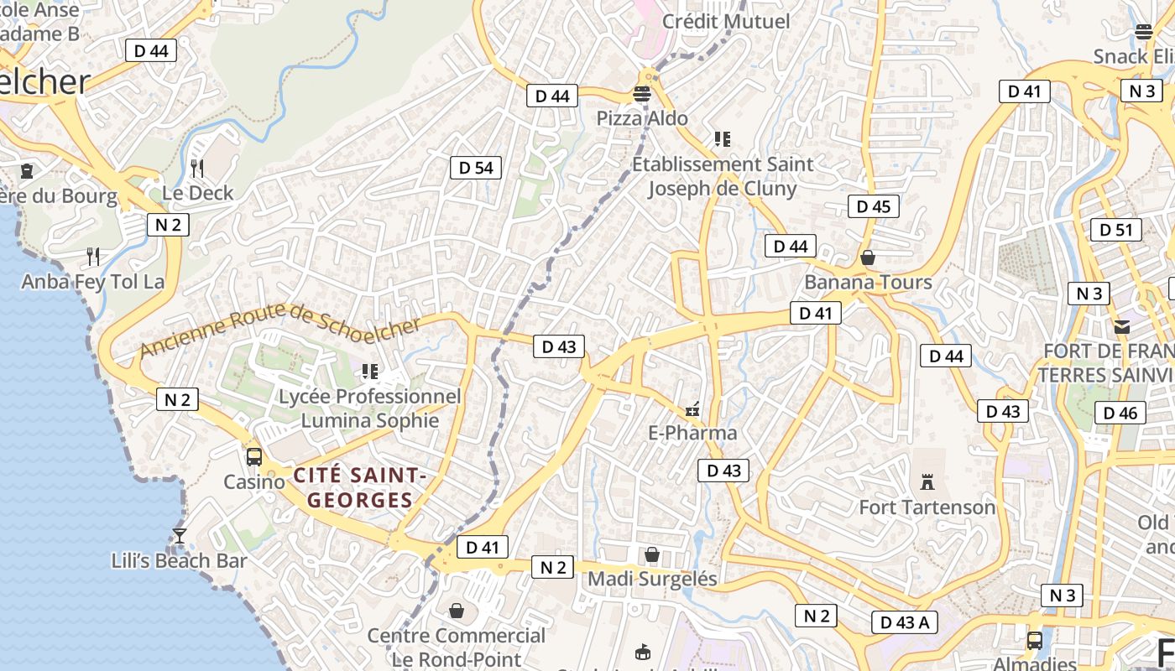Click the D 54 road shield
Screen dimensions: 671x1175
(x=476, y=168)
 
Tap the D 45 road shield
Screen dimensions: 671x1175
(x=873, y=206)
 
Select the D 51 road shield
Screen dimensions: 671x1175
(x=1115, y=230)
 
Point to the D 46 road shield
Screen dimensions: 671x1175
(x=1120, y=413)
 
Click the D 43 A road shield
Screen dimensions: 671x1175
(x=904, y=622)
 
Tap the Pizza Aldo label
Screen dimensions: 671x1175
(x=642, y=118)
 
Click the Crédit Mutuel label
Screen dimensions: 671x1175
(x=726, y=21)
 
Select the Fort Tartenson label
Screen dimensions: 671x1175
(x=927, y=507)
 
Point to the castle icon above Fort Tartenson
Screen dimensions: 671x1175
(x=927, y=482)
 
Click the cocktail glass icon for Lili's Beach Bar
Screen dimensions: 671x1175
(x=179, y=535)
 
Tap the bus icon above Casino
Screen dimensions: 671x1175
(x=253, y=457)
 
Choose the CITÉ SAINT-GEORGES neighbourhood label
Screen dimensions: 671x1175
(x=360, y=488)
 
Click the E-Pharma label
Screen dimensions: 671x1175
(x=692, y=433)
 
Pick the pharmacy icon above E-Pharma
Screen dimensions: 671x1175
(x=692, y=409)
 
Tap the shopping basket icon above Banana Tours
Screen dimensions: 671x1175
(x=868, y=257)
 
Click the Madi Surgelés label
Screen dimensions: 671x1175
(x=652, y=579)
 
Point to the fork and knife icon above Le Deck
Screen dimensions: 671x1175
(x=197, y=169)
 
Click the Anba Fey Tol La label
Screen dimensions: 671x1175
(x=92, y=281)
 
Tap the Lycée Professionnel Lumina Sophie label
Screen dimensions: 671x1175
(x=369, y=408)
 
